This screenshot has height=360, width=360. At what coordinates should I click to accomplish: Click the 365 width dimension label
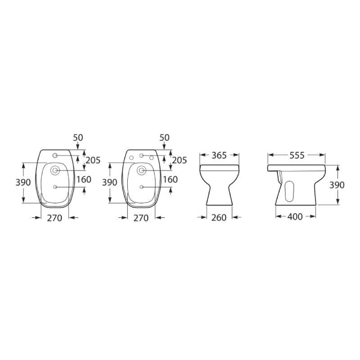[219, 155]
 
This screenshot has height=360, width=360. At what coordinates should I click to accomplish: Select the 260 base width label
[219, 218]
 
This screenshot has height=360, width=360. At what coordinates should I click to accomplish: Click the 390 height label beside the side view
[337, 185]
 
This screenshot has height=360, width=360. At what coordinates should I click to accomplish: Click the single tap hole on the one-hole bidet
[55, 156]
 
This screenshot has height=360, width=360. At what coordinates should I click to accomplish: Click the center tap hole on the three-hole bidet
[141, 156]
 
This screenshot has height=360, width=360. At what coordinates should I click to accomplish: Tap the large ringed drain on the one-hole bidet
[55, 171]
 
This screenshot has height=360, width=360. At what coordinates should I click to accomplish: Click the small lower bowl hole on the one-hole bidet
[55, 187]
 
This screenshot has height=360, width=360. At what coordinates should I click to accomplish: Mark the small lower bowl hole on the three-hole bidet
[141, 187]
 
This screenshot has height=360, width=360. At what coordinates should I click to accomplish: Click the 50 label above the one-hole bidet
[78, 137]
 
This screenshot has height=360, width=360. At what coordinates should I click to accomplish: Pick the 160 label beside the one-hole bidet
[84, 180]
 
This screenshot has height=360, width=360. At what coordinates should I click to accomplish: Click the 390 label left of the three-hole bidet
[109, 183]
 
